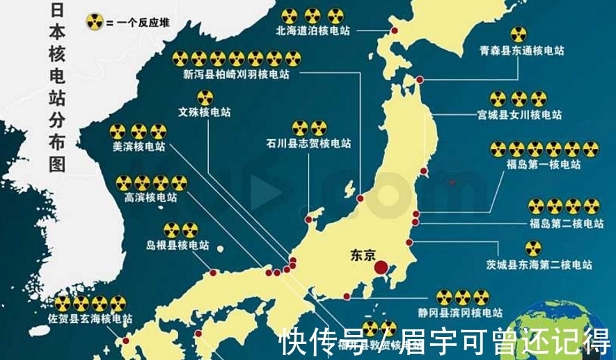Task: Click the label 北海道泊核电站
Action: (x=313, y=31)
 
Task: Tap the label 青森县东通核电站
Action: (x=522, y=51)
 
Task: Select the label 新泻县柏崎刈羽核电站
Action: (x=236, y=75)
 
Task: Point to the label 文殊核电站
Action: (x=205, y=111)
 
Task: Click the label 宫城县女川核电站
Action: (x=519, y=115)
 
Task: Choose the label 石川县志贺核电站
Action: (x=308, y=143)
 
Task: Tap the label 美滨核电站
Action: (x=139, y=147)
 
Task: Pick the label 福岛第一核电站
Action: (x=544, y=164)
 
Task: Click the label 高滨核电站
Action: (x=150, y=198)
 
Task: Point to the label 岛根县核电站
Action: (x=177, y=245)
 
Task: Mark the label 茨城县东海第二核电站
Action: (x=539, y=265)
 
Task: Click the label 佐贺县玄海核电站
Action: (x=91, y=319)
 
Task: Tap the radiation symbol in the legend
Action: (x=94, y=22)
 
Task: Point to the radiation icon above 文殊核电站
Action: (x=205, y=97)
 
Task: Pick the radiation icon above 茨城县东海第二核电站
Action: (x=533, y=249)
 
